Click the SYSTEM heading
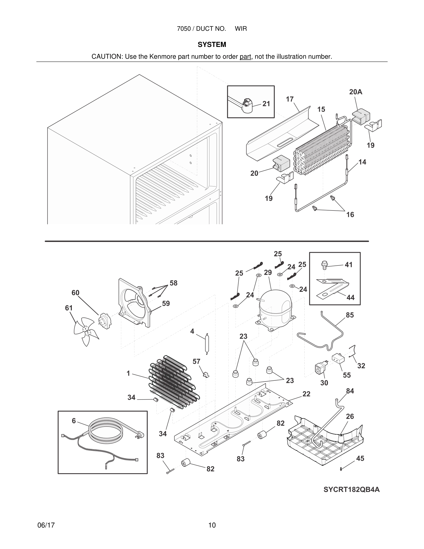[212, 45]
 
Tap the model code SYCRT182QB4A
[351, 489]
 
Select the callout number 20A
[355, 92]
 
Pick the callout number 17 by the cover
[290, 99]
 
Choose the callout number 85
[350, 315]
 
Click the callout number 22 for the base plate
[306, 394]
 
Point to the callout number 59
[166, 303]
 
